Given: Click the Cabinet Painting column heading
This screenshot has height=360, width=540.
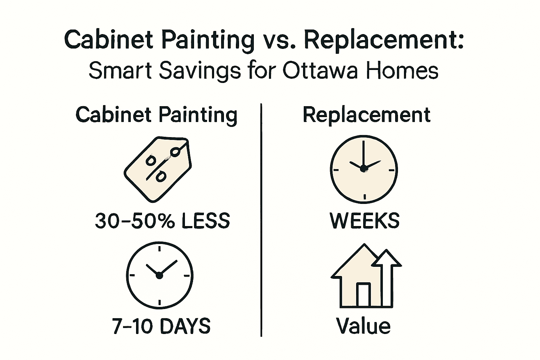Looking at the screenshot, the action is (x=156, y=115).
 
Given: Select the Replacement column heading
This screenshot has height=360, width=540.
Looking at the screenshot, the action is (x=366, y=115).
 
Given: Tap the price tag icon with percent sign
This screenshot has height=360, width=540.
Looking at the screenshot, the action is (x=158, y=169).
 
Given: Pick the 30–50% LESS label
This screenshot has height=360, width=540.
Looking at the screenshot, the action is (x=162, y=221).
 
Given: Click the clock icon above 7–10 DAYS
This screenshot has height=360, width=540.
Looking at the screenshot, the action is (x=160, y=275).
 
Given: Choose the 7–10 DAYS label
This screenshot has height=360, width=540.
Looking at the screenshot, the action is (x=161, y=326).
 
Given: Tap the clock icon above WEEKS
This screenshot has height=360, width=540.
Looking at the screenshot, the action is (x=364, y=169).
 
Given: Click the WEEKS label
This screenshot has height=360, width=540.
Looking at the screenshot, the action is (x=365, y=221).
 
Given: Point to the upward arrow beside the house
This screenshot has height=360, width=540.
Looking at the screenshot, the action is (x=387, y=278).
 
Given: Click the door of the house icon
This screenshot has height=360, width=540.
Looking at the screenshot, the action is (x=364, y=295).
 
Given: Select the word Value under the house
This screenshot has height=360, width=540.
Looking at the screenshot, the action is (x=363, y=326).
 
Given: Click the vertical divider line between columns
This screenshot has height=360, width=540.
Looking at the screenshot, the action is (x=261, y=220).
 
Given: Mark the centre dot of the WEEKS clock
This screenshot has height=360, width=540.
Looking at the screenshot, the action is (x=363, y=169).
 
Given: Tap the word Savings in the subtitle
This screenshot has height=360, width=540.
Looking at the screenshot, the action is (x=200, y=71).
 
